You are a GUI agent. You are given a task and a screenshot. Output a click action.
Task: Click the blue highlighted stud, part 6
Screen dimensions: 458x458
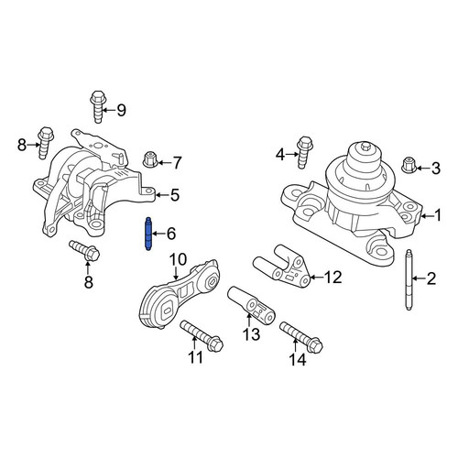148,234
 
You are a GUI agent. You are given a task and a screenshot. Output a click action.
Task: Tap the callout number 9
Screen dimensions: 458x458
121,110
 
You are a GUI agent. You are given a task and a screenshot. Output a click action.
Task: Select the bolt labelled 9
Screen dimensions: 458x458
97,106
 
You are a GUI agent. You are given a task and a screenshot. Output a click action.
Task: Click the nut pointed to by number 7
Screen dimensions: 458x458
150,159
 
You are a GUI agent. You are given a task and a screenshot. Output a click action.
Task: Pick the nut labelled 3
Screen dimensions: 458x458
408,166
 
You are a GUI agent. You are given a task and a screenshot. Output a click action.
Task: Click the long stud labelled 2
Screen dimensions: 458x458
409,280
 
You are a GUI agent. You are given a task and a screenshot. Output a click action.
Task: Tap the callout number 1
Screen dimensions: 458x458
438,215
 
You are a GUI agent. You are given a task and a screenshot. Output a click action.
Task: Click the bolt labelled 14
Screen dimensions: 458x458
301,337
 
